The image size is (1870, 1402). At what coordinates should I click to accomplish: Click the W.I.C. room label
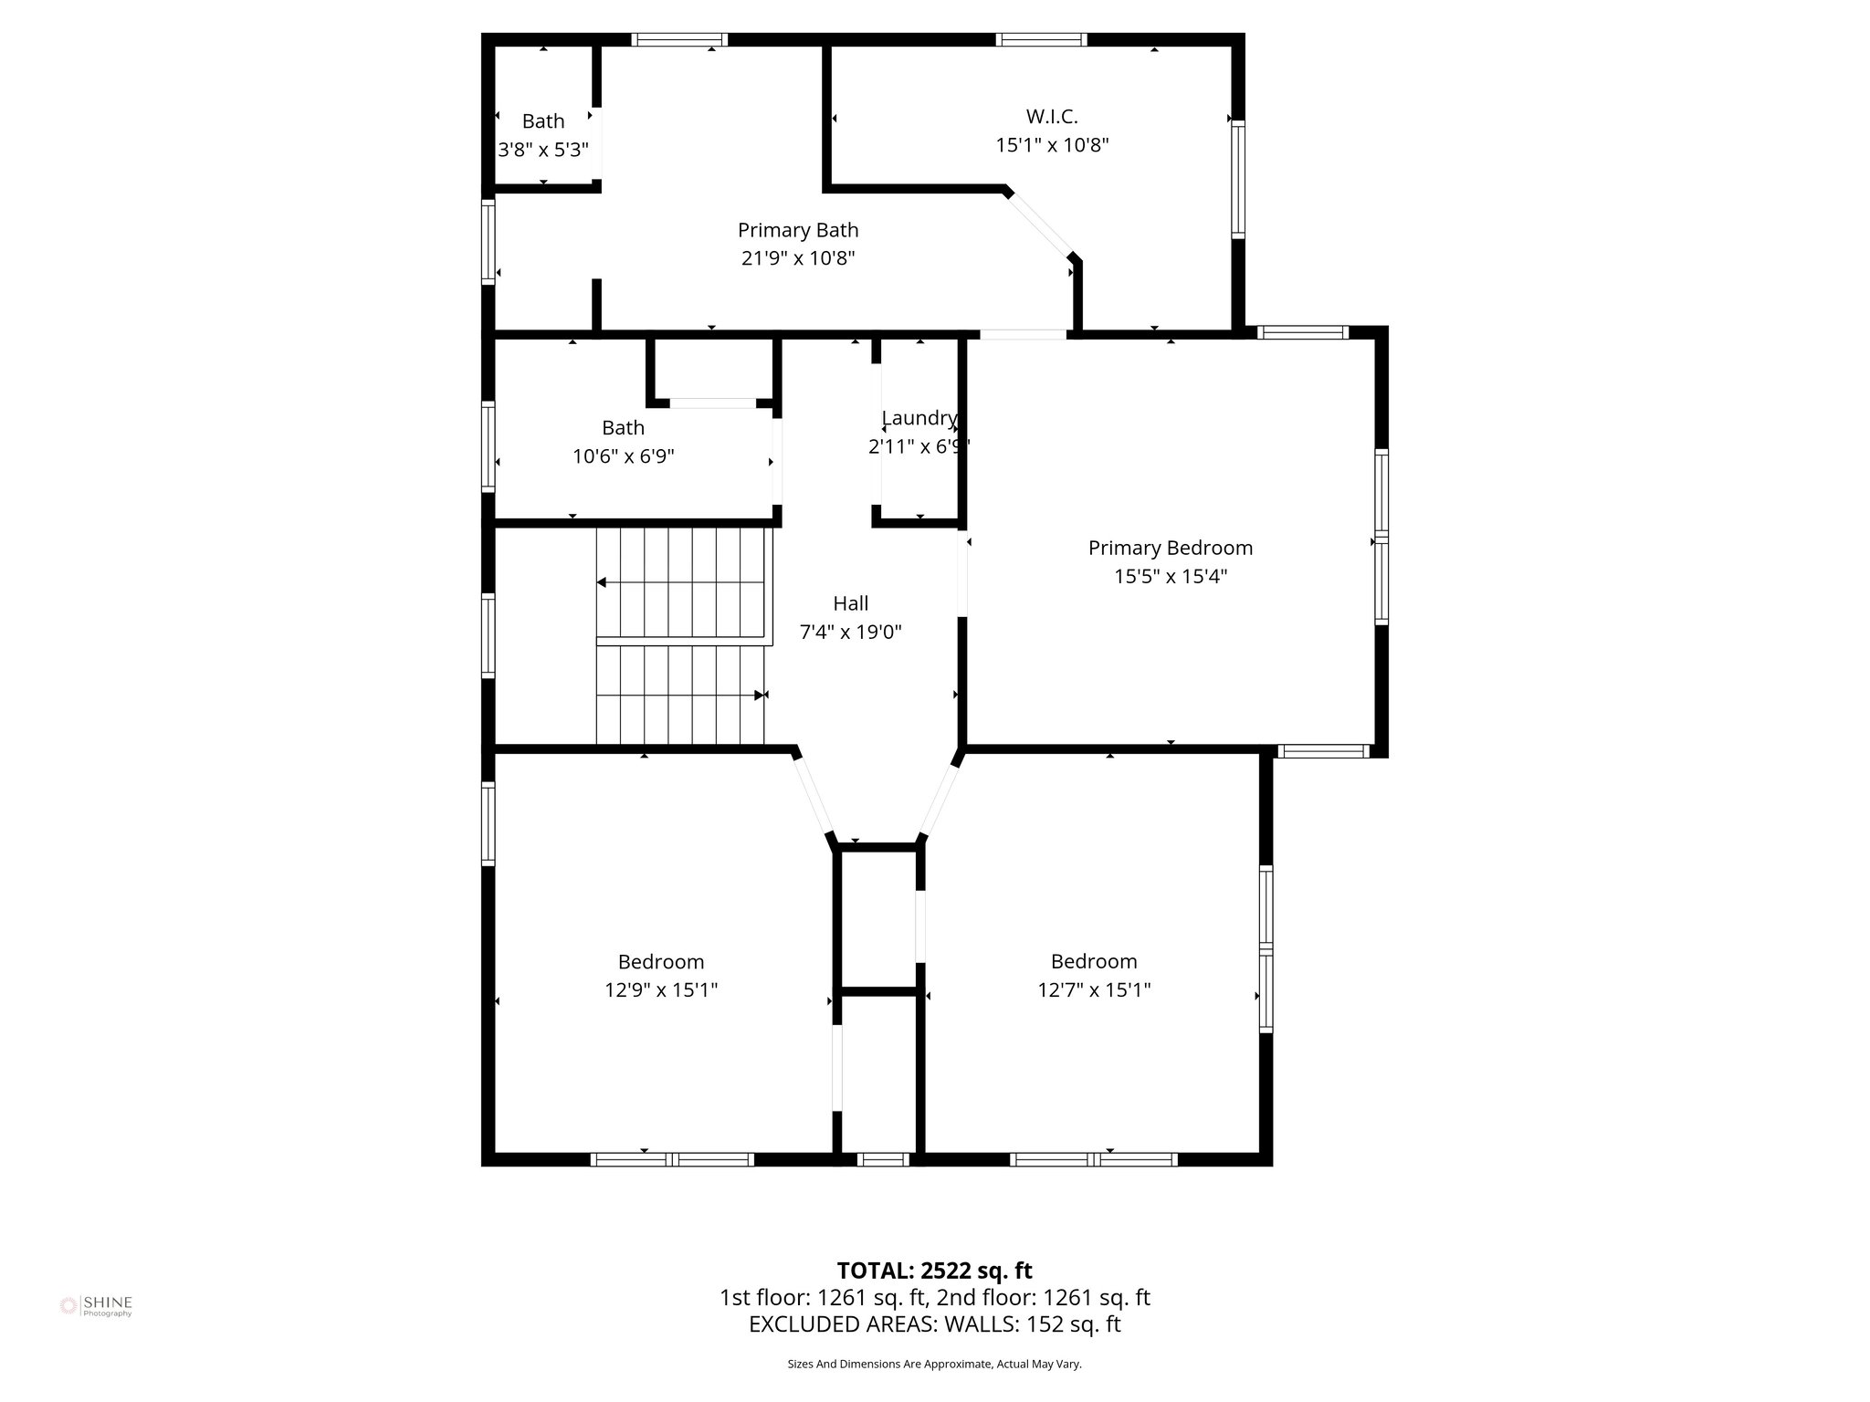click(x=1052, y=117)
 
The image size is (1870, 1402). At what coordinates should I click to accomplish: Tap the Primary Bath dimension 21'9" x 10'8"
click(x=798, y=258)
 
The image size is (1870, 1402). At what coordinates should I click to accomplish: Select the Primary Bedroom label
click(x=1170, y=548)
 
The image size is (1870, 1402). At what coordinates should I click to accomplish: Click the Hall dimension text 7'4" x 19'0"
click(x=851, y=632)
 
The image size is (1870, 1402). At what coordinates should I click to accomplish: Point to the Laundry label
click(x=919, y=418)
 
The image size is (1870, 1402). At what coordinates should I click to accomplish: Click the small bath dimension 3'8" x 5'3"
click(x=543, y=150)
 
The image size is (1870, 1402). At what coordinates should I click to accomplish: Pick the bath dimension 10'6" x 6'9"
click(x=624, y=456)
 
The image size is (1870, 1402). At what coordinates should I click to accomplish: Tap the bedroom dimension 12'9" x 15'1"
click(x=661, y=990)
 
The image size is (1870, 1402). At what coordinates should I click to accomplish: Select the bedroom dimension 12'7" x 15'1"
click(x=1094, y=990)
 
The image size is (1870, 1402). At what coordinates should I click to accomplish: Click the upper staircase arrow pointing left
click(x=603, y=582)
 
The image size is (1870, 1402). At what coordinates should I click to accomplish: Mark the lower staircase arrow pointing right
click(x=759, y=696)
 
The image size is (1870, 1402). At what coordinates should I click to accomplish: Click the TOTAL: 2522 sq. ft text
click(x=934, y=1271)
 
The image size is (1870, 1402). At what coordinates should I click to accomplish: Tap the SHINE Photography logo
click(x=97, y=1306)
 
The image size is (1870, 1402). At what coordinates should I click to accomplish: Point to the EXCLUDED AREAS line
click(x=934, y=1324)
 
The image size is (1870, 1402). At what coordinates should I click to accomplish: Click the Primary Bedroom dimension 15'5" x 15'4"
click(x=1170, y=577)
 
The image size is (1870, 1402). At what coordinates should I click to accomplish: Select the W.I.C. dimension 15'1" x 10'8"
click(x=1052, y=145)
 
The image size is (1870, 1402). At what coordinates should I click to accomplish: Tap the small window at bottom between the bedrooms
click(x=883, y=1159)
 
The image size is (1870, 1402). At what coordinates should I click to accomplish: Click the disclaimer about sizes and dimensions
click(x=934, y=1364)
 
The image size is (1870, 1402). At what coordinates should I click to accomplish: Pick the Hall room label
click(x=851, y=603)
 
